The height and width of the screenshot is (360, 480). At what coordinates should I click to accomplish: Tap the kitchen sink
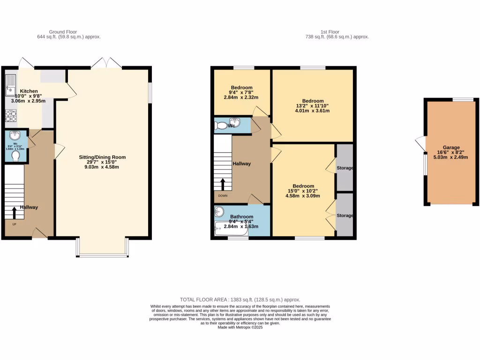click(x=10, y=85)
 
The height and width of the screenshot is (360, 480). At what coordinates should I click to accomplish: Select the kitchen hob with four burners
click(x=10, y=115)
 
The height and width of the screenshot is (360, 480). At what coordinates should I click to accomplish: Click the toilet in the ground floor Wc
click(x=15, y=155)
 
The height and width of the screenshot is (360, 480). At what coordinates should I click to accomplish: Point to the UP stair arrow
click(x=14, y=213)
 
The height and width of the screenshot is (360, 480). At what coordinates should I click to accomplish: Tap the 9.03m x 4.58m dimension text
click(x=102, y=167)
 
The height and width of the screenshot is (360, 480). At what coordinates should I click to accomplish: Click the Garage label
click(x=451, y=147)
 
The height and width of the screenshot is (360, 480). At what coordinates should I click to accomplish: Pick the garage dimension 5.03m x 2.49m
click(x=451, y=157)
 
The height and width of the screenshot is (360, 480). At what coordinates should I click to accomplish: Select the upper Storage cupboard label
click(x=345, y=168)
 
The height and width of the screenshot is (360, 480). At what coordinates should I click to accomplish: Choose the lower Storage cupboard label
click(x=345, y=216)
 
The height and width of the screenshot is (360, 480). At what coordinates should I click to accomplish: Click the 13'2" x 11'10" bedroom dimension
click(x=313, y=106)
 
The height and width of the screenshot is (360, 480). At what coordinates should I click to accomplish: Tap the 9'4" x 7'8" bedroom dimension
click(x=241, y=92)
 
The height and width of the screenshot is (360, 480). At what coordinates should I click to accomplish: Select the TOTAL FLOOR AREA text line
click(x=240, y=300)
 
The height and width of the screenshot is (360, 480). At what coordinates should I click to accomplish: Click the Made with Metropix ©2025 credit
click(x=240, y=328)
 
